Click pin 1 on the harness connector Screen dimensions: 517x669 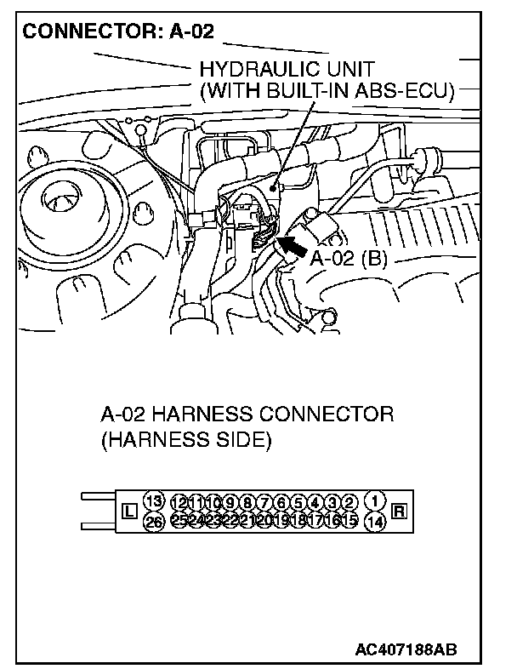(x=375, y=500)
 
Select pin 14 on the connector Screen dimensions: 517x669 (x=375, y=522)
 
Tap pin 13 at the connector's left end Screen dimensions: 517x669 (x=154, y=500)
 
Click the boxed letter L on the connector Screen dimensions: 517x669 (x=129, y=512)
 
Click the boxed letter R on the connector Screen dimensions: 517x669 (x=400, y=512)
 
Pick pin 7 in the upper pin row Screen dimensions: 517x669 (x=264, y=503)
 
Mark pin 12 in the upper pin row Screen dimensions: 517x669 (x=179, y=503)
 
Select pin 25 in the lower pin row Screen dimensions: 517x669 (x=179, y=520)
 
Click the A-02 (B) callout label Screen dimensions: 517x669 (x=348, y=259)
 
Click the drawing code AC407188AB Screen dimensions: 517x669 (x=406, y=649)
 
